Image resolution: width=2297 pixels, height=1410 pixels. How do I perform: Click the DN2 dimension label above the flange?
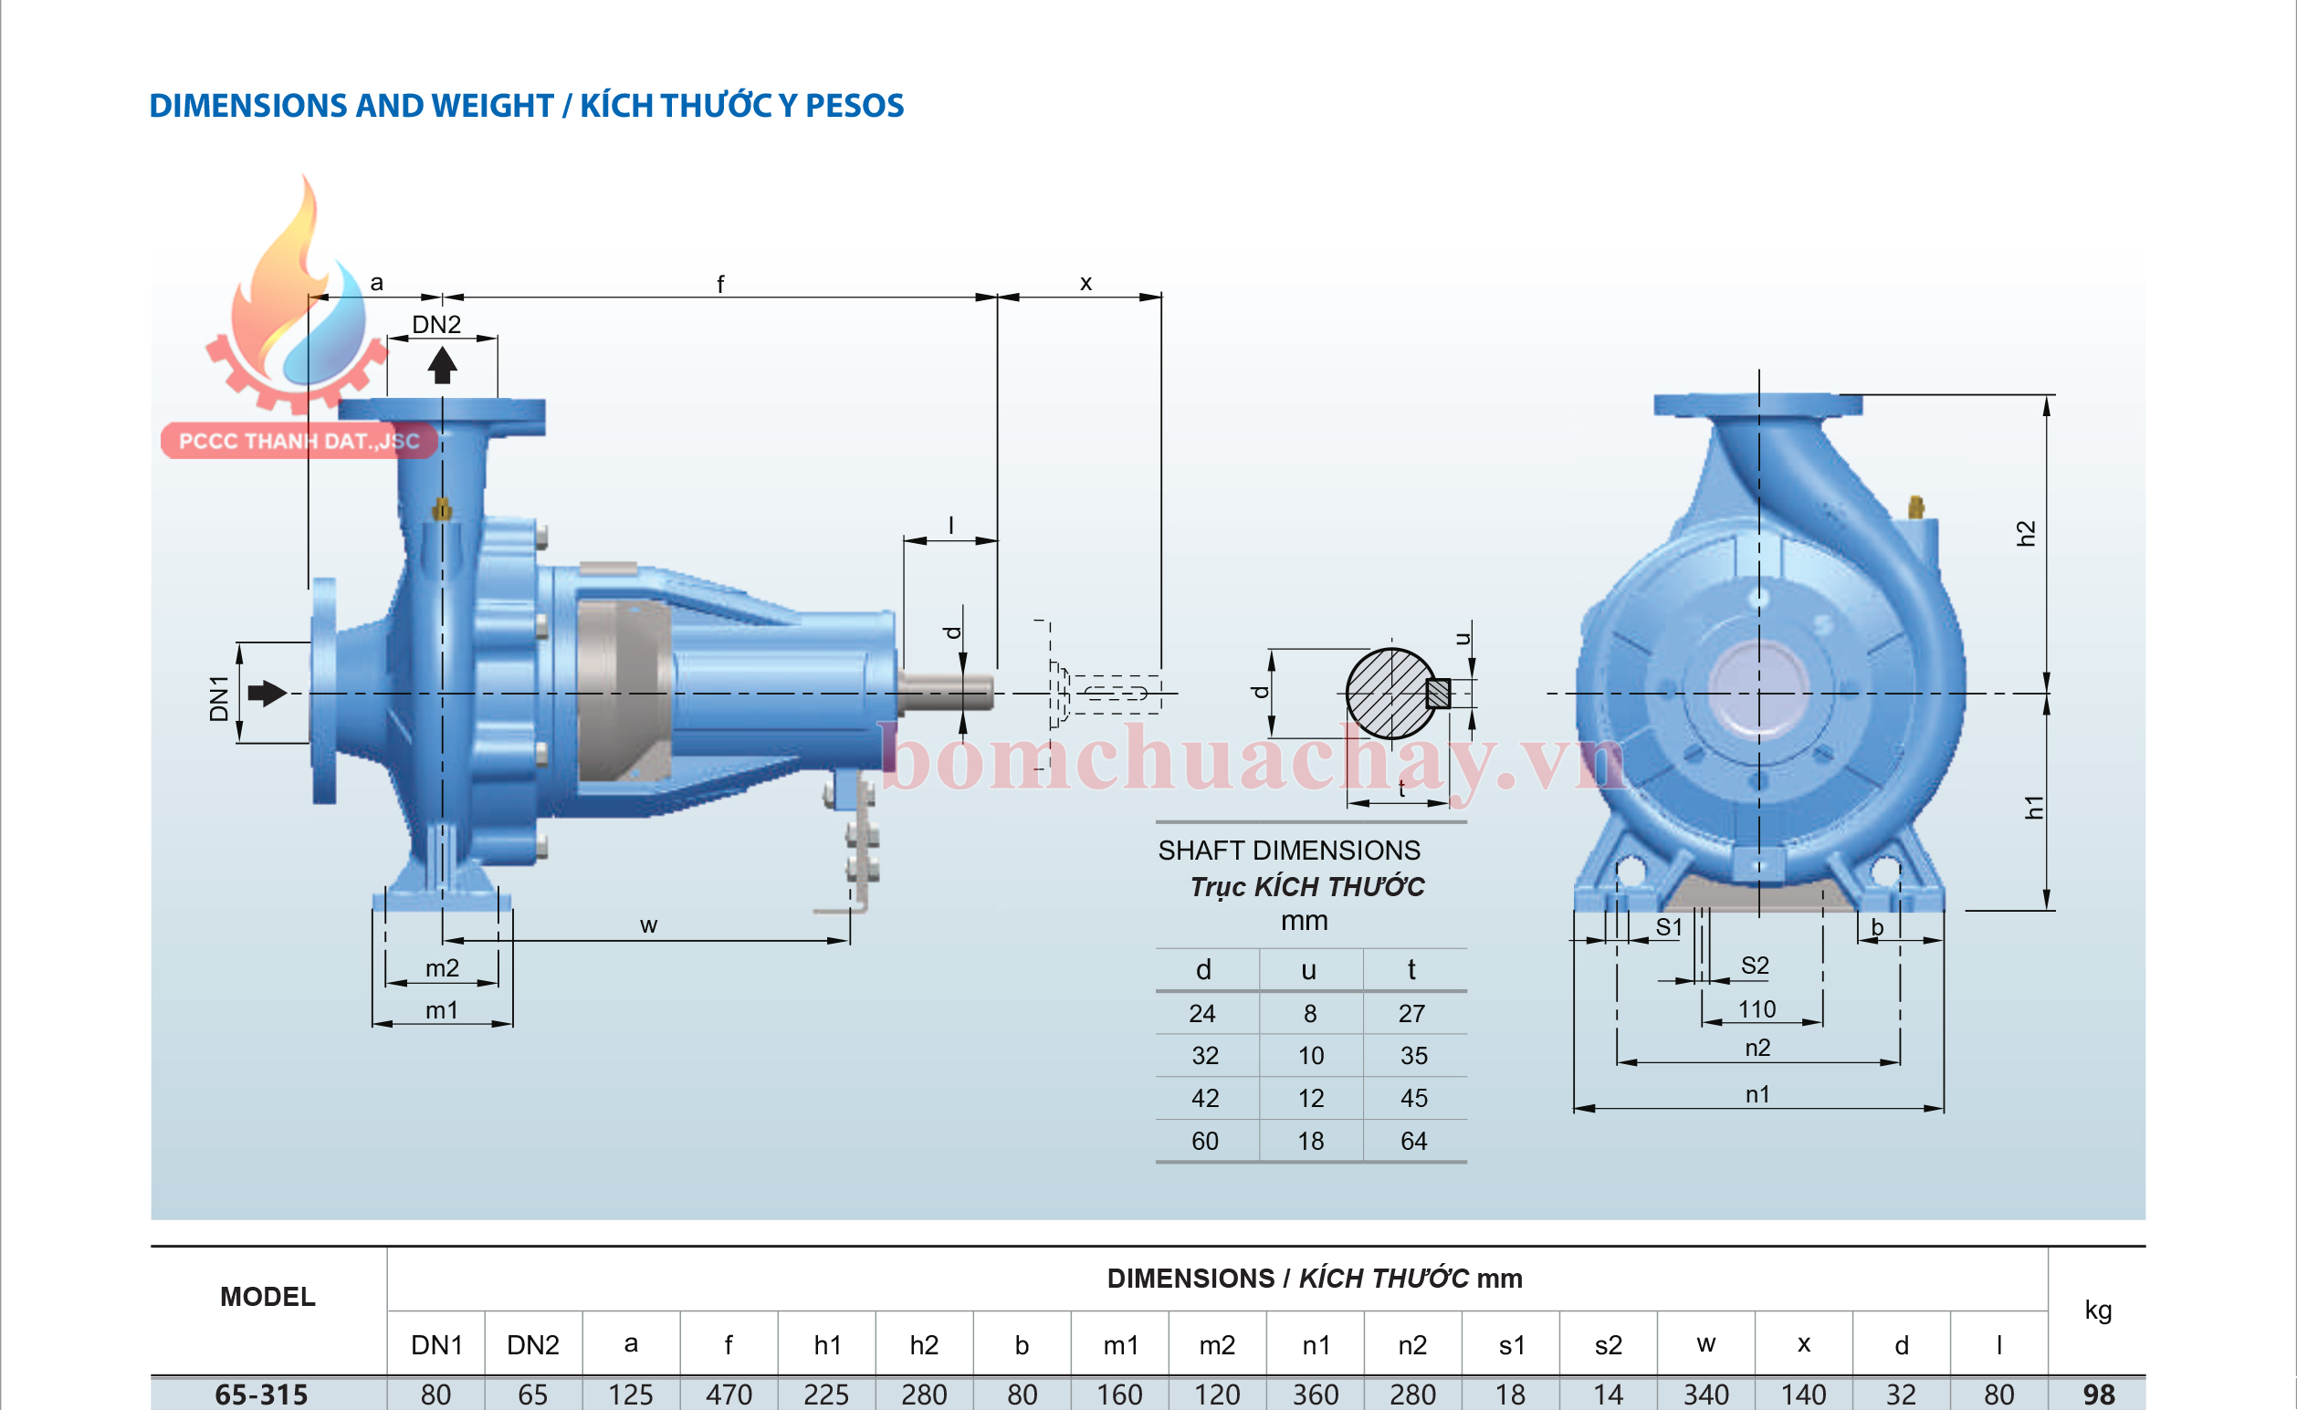coord(436,325)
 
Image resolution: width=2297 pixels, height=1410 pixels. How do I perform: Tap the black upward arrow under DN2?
coord(442,365)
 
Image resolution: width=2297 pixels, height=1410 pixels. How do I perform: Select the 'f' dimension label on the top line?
coord(720,284)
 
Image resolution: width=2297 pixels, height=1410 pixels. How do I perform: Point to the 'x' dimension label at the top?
coord(1086,283)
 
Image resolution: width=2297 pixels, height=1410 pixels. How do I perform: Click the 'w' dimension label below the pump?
coord(648,925)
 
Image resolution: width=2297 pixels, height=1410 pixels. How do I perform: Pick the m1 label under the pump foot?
coord(442,1010)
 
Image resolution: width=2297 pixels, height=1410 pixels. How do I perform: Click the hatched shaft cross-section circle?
coord(1390,694)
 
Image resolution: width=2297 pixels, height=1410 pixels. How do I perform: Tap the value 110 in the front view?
coord(1757,1009)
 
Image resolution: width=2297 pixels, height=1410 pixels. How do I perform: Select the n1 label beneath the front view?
coord(1757,1094)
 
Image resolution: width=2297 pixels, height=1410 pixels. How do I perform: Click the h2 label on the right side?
coord(2025,533)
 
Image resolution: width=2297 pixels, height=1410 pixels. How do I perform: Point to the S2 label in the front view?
coord(1754,966)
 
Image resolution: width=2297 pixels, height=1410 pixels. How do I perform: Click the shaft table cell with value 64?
coord(1413,1141)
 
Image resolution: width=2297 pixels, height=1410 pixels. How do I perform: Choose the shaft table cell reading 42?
coord(1205,1098)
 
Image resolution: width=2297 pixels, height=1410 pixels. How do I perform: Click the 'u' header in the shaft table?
coord(1308,970)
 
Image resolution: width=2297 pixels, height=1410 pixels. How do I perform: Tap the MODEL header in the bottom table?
coord(267,1296)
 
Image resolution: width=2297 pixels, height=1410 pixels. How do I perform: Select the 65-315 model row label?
coord(261,1394)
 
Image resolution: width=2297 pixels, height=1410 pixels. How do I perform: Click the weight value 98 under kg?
coord(2098,1394)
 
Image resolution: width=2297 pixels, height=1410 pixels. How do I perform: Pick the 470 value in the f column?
coord(729,1394)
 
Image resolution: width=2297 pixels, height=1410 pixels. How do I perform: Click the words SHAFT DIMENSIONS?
coord(1289,850)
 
